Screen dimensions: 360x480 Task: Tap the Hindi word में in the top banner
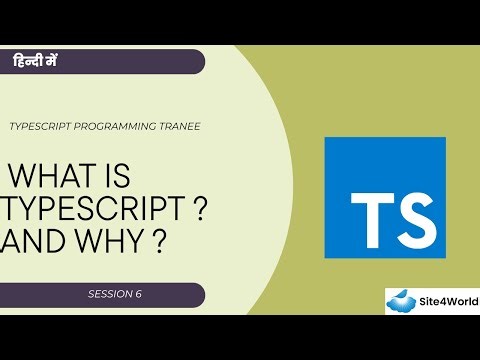click(55, 61)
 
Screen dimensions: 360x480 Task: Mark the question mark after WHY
click(157, 244)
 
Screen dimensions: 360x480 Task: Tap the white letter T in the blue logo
click(369, 211)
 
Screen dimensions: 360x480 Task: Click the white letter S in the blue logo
click(413, 211)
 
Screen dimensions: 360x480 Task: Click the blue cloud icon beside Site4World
click(405, 302)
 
